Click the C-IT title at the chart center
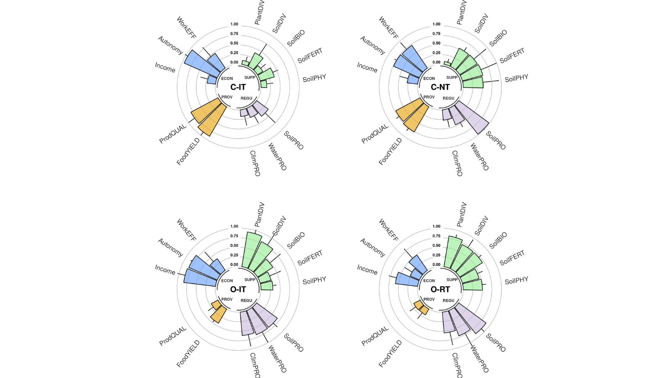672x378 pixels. (x=238, y=87)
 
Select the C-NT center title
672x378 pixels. (x=440, y=87)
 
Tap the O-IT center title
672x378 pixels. (x=238, y=289)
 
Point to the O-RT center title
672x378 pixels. (x=440, y=289)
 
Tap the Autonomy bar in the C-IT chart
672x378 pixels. (x=199, y=63)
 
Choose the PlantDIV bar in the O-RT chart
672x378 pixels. (x=454, y=252)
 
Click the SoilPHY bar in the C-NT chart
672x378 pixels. (x=473, y=82)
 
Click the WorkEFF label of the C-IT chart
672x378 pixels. (x=186, y=28)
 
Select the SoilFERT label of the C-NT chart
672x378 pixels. (x=512, y=55)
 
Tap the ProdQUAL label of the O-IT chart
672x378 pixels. (x=173, y=336)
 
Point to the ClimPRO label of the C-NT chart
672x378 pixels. (x=457, y=163)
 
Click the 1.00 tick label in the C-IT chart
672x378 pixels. (x=234, y=24)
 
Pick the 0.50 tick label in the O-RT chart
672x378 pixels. (x=436, y=246)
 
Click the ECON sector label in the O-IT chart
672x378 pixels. (x=227, y=281)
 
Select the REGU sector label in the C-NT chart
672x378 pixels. (x=449, y=98)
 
